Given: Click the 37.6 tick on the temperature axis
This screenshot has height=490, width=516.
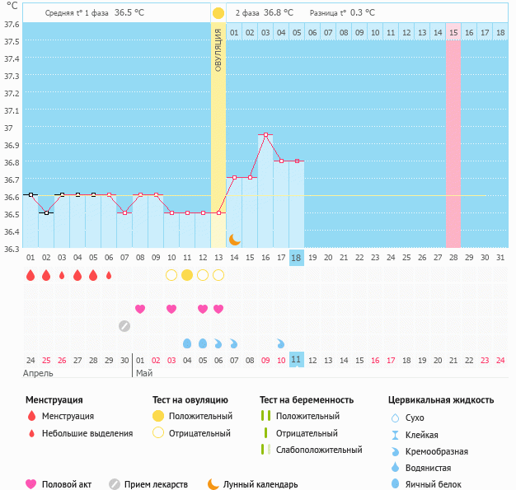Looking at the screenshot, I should (x=12, y=24).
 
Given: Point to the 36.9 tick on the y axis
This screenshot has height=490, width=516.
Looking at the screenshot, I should (x=12, y=145).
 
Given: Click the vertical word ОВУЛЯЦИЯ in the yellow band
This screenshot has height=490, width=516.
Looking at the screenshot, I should (x=218, y=49).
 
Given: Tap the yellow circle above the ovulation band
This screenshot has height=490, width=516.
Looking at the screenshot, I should (x=218, y=13).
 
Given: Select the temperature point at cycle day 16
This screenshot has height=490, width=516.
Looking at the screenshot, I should (x=265, y=134).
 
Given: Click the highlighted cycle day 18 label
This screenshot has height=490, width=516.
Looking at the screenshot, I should (x=297, y=258).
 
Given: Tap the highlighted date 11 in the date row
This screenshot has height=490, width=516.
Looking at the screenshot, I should (x=297, y=360).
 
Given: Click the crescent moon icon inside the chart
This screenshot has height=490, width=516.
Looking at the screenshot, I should (x=234, y=239).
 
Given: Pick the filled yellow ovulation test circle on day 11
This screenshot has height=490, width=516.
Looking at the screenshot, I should (x=187, y=274).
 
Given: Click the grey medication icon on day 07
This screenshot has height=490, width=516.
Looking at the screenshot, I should (x=124, y=325).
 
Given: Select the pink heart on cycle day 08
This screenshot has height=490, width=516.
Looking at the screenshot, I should (x=140, y=309).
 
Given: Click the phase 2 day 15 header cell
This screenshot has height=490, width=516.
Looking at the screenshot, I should (x=453, y=32).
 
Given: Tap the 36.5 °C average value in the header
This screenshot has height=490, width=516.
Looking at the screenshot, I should (x=129, y=13).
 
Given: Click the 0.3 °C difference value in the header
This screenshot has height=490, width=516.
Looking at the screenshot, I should (x=362, y=13).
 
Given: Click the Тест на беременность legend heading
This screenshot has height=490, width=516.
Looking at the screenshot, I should (x=306, y=399).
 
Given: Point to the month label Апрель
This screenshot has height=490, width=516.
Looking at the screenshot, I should (x=38, y=373).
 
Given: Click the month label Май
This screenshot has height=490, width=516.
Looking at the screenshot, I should (x=144, y=373).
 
